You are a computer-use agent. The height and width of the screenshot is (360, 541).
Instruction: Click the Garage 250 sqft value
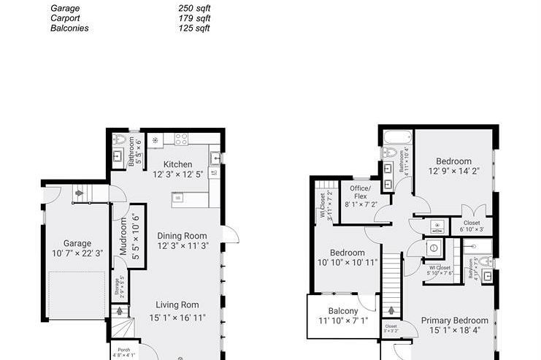click(x=193, y=8)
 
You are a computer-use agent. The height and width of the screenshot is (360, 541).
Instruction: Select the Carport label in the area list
click(x=65, y=18)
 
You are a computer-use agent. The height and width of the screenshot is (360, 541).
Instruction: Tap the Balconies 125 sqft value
click(x=193, y=28)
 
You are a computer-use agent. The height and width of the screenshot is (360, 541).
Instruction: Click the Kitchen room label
click(x=177, y=164)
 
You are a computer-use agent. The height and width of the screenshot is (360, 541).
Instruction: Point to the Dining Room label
click(x=182, y=236)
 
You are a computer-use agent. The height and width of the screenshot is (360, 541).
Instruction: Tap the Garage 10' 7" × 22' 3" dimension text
click(x=77, y=253)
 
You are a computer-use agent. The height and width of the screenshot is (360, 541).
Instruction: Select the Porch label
click(x=124, y=351)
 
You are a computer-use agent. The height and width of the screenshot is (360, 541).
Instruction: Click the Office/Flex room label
click(x=360, y=193)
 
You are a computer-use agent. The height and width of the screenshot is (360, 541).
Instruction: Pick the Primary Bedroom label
click(x=455, y=320)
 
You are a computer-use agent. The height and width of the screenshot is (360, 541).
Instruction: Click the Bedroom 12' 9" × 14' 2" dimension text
click(x=454, y=172)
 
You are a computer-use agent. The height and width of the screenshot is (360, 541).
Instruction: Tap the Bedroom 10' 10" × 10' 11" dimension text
click(x=347, y=263)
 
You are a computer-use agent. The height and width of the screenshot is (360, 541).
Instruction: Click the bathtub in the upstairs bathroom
click(x=397, y=137)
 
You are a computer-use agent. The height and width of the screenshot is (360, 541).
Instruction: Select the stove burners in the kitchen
click(x=180, y=139)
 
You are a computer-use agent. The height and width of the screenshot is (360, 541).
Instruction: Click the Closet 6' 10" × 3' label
click(x=472, y=227)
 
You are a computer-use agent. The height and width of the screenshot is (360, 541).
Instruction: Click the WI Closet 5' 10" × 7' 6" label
click(x=440, y=270)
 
